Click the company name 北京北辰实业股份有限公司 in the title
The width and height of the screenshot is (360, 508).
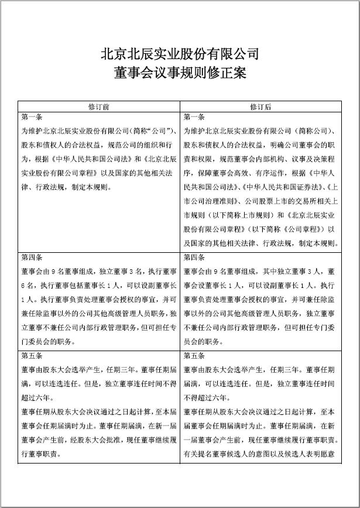[180, 54]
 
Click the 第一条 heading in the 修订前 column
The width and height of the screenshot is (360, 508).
[31, 117]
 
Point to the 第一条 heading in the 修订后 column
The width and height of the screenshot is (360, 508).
[194, 117]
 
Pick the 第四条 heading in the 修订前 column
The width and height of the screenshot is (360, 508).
[31, 258]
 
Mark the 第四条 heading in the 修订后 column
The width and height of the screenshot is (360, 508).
[194, 258]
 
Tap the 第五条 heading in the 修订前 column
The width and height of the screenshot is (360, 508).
[31, 356]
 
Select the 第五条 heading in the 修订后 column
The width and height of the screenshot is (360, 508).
[194, 356]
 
